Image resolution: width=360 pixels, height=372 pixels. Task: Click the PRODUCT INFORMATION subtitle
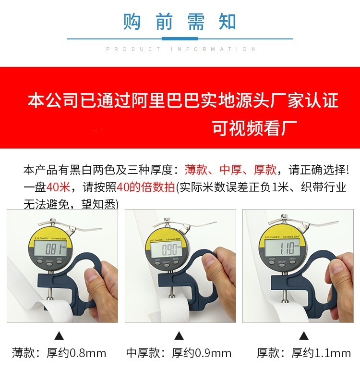(180, 49)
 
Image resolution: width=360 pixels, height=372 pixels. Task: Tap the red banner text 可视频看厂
(255, 128)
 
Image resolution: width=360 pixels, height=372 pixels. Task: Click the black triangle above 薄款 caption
(59, 335)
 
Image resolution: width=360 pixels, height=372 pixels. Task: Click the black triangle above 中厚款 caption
(179, 335)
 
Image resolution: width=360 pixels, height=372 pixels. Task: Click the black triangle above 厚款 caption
(303, 335)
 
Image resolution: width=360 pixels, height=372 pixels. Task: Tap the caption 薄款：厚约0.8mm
(59, 353)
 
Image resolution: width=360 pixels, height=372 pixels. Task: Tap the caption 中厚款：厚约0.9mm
(179, 354)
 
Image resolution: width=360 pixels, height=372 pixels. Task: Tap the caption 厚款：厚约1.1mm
(303, 354)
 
